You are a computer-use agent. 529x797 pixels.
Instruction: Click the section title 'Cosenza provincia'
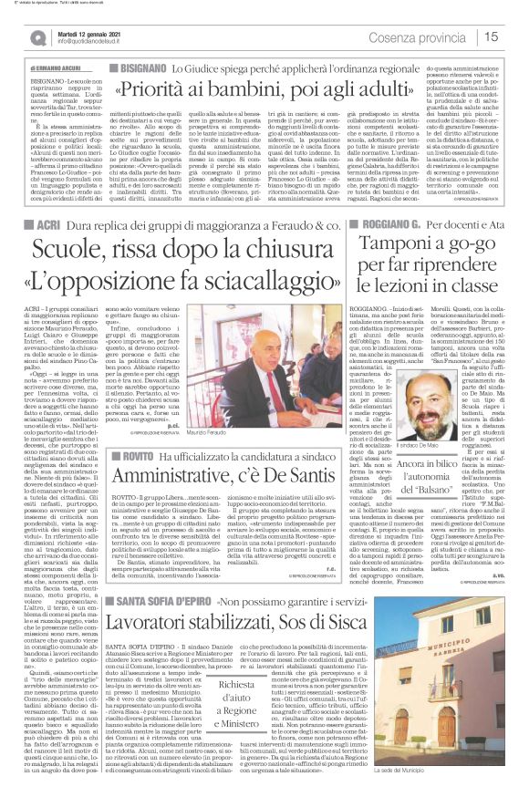pyautogui.click(x=440, y=36)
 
